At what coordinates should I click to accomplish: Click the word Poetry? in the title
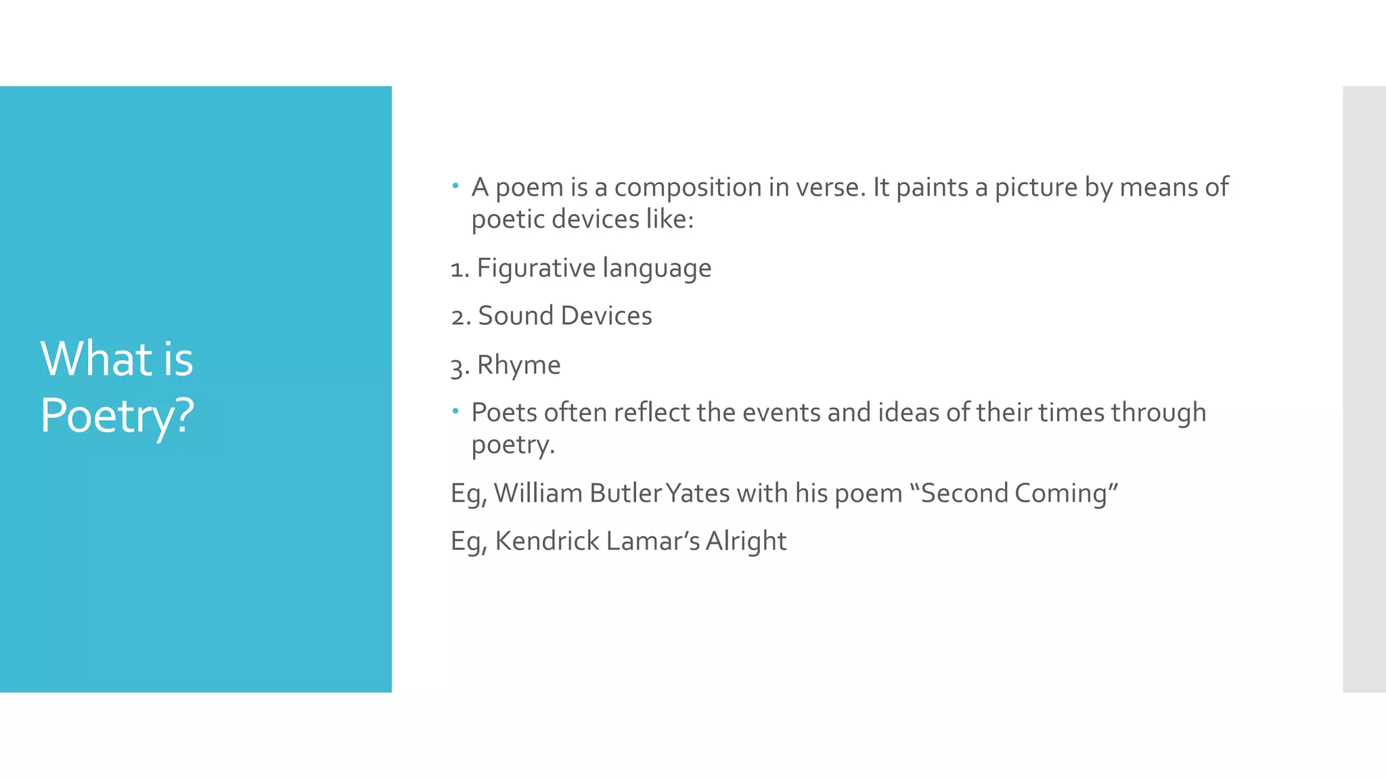(117, 415)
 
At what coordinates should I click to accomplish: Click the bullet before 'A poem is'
(455, 185)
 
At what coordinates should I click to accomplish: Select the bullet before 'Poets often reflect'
(455, 410)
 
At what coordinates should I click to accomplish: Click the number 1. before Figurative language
(460, 269)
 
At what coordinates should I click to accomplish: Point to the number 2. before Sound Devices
(461, 317)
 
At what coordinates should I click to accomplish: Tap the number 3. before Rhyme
(460, 366)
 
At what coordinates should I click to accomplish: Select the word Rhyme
(518, 366)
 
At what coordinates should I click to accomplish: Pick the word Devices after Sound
(606, 316)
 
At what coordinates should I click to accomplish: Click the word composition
(688, 188)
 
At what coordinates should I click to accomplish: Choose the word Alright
(746, 542)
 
